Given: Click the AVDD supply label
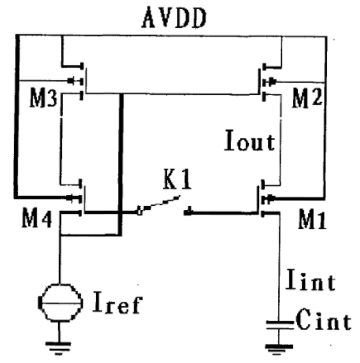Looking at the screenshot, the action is pos(174,17).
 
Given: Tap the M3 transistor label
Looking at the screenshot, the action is pos(43,98).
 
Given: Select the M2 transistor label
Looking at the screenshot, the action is pos(307,98).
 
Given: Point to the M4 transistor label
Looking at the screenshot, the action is pos(37,219).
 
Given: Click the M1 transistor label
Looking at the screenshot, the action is pos(312,220).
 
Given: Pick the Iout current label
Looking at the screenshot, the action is pos(250,141).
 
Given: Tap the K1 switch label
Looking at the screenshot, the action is pos(177,180).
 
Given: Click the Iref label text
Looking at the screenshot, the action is pos(118,303).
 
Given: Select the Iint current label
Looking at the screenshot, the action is pos(310,279).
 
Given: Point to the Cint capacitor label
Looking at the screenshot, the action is pos(324,320).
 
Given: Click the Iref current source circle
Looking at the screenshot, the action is pos(60,303).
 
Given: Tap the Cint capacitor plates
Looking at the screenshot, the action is pos(279,325).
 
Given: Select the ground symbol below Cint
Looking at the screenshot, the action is pos(279,349).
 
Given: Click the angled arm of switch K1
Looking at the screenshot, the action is pos(160,204).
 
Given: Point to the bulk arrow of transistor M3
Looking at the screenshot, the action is pos(74,81).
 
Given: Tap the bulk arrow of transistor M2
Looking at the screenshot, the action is pos(271,82).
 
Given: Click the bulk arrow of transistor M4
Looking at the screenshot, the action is pos(73,198).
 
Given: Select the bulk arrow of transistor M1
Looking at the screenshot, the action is pos(270,198).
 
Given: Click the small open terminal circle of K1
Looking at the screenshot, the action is pos(140,213).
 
